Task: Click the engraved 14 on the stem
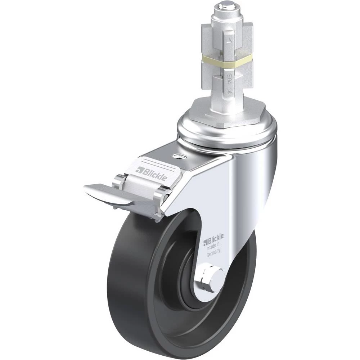[x=230, y=88]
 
